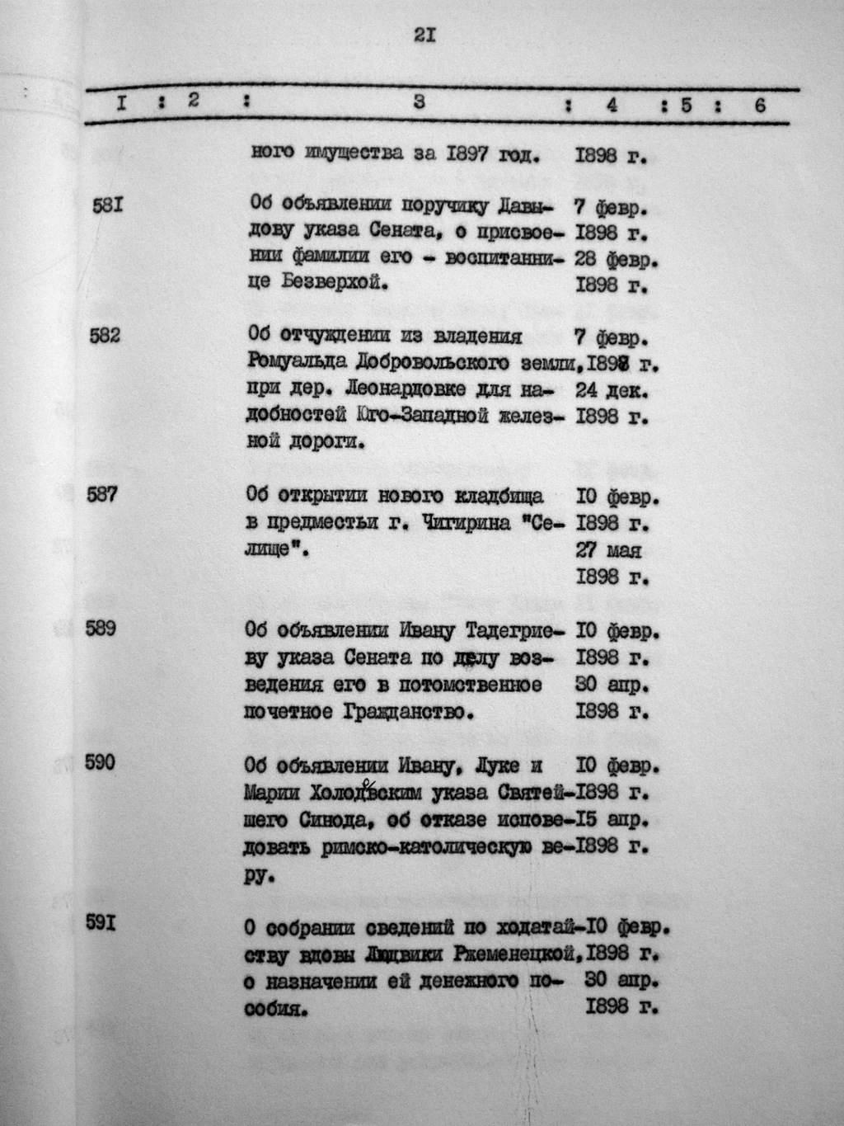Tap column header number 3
(420, 103)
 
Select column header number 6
(759, 105)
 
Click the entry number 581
(107, 205)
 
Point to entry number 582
(105, 336)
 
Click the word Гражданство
(400, 710)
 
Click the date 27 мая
(608, 549)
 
